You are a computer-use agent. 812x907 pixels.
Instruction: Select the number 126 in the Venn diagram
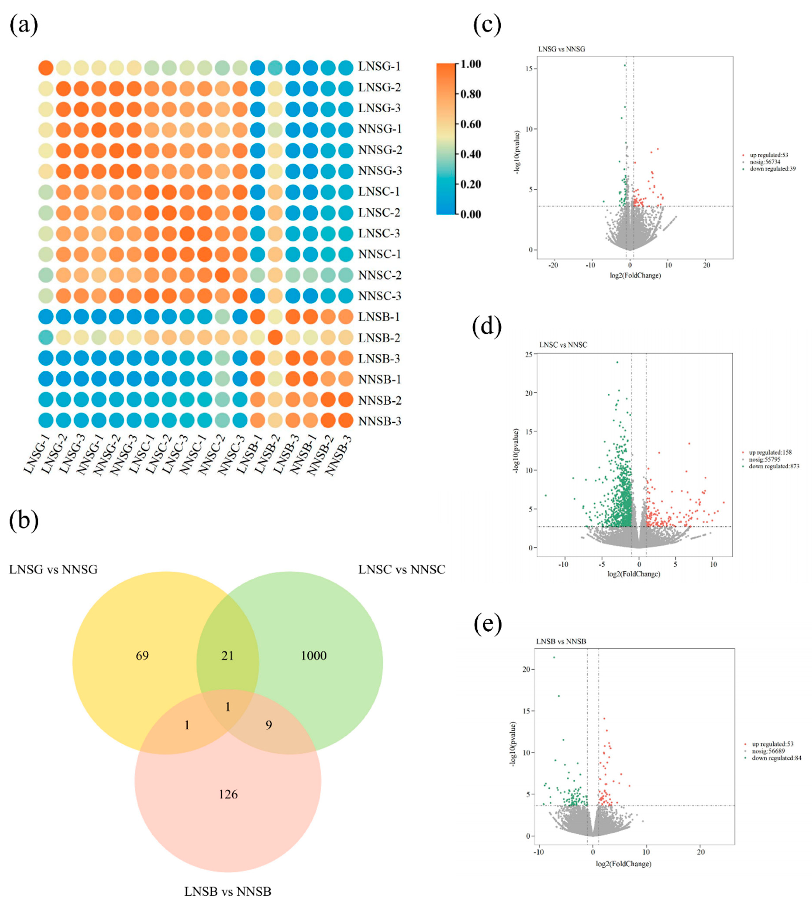(228, 794)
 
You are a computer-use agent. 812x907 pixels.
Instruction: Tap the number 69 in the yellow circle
(142, 656)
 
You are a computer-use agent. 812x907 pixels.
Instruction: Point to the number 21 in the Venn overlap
(227, 656)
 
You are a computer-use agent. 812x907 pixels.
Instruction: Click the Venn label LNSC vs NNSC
(402, 570)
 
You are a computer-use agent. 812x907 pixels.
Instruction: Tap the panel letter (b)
(24, 521)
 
